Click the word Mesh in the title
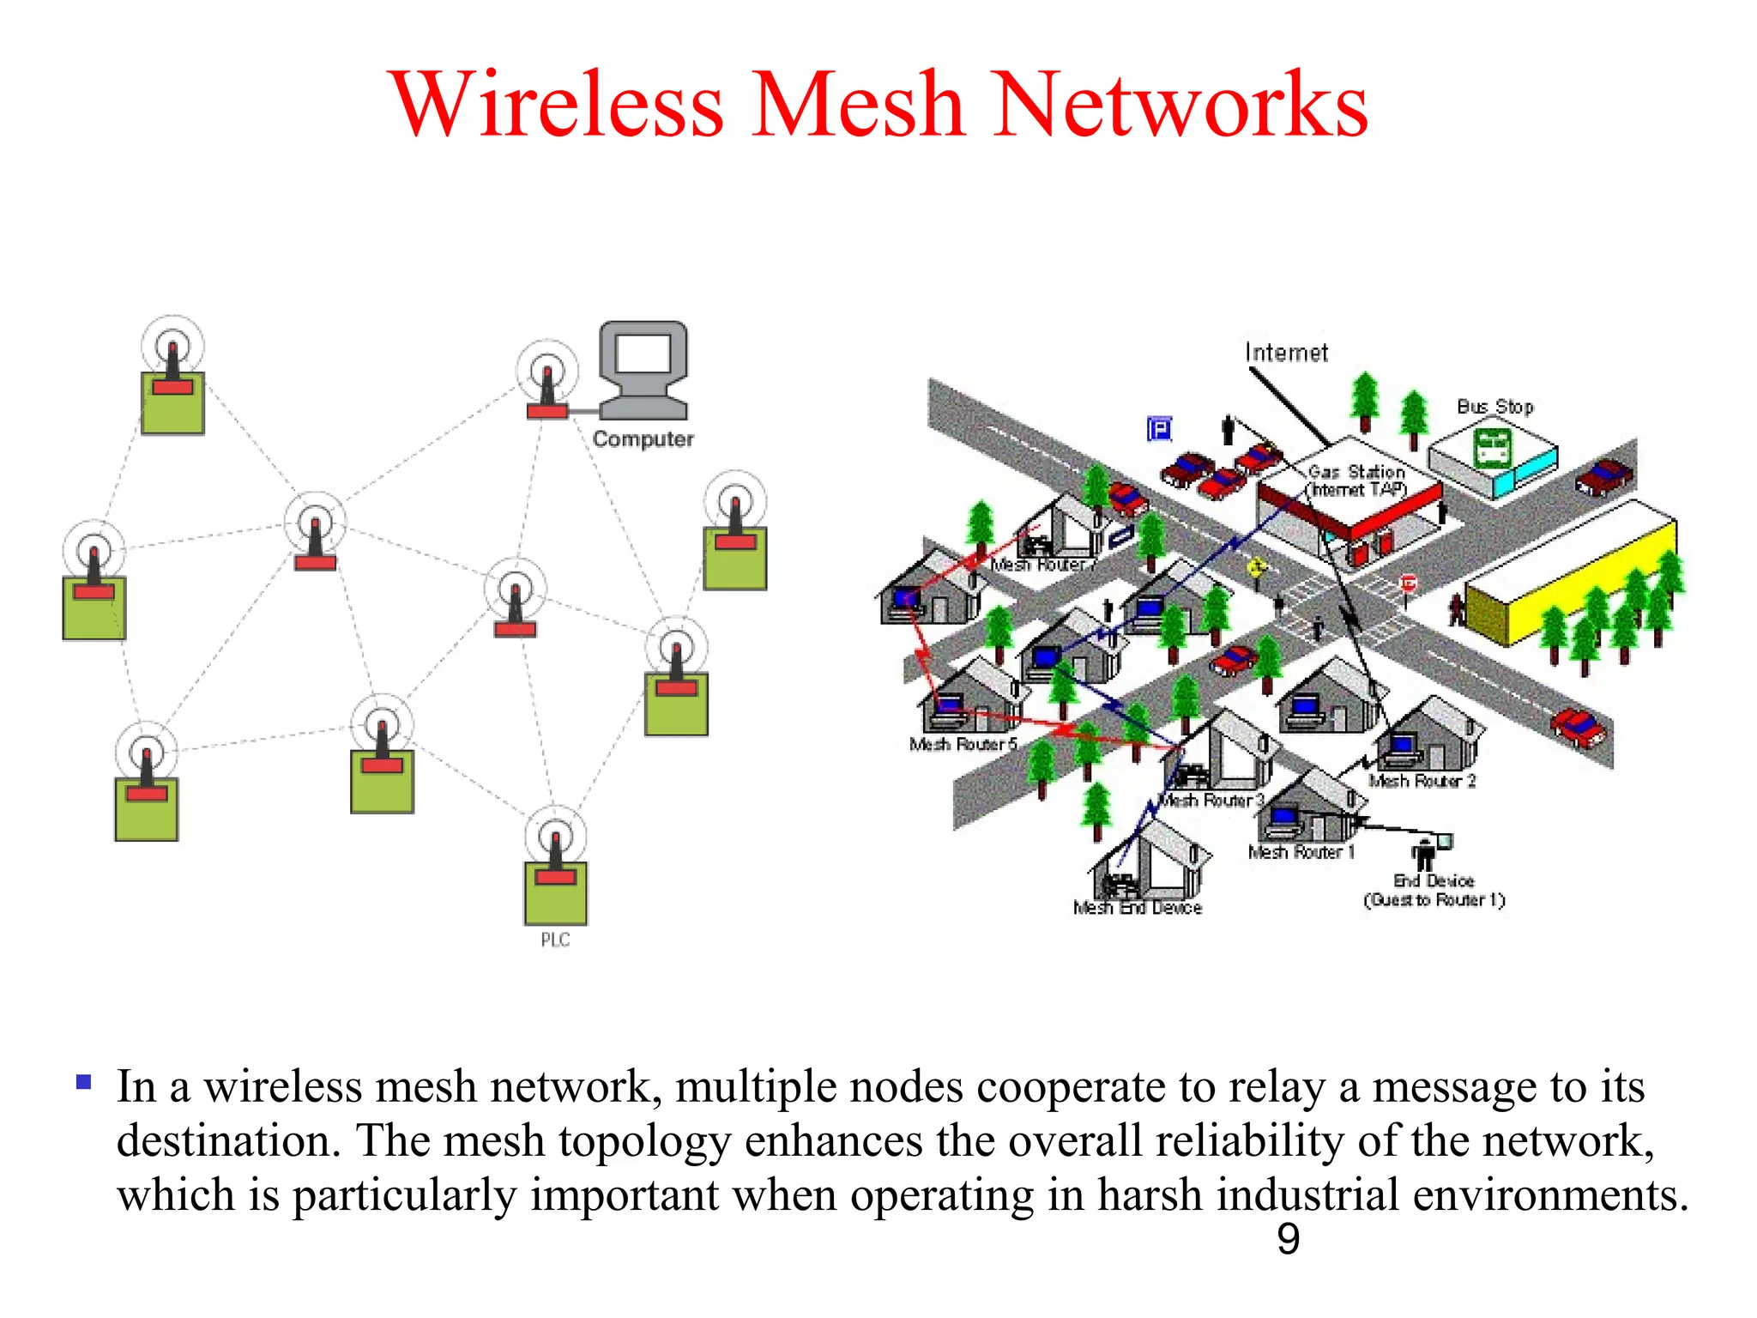click(859, 105)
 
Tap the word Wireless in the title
click(558, 105)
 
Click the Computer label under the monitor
click(643, 439)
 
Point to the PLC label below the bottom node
click(555, 940)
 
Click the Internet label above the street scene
click(1286, 353)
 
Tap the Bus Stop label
click(1495, 407)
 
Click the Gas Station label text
click(1356, 472)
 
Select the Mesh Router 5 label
click(963, 744)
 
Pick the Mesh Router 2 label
click(1422, 781)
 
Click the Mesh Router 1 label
click(1301, 852)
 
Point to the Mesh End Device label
click(1137, 908)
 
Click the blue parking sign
click(1159, 428)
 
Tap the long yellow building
click(1570, 575)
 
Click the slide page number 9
click(1288, 1239)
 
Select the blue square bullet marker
click(83, 1082)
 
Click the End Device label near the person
click(1434, 881)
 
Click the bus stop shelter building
click(1493, 459)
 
